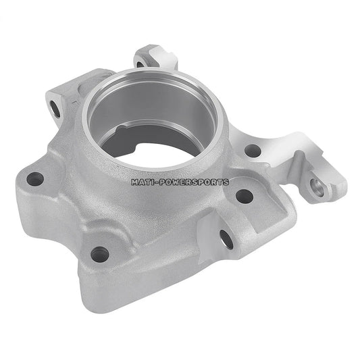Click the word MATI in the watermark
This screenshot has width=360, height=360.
click(144, 182)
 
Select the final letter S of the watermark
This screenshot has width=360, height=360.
click(226, 182)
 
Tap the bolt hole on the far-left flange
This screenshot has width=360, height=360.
click(35, 179)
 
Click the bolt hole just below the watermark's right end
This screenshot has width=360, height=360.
click(244, 197)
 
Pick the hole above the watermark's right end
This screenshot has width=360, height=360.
click(252, 151)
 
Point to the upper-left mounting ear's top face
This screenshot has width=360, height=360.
click(64, 91)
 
